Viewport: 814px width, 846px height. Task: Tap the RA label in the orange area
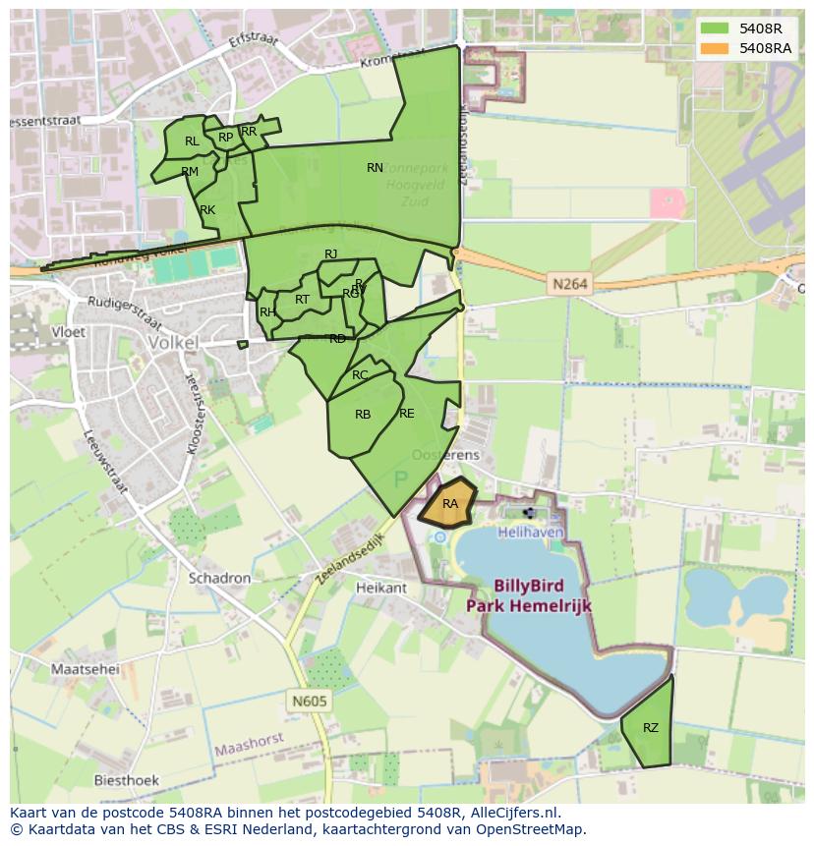pyautogui.click(x=450, y=504)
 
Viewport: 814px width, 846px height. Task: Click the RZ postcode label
pyautogui.click(x=651, y=728)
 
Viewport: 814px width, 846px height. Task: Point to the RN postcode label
pyautogui.click(x=375, y=168)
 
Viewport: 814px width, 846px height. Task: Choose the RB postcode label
pyautogui.click(x=363, y=415)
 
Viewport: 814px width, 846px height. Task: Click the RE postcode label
pyautogui.click(x=407, y=414)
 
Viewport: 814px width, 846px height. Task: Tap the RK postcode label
pyautogui.click(x=207, y=210)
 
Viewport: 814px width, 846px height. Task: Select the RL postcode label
pyautogui.click(x=192, y=141)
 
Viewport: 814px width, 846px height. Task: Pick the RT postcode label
pyautogui.click(x=302, y=300)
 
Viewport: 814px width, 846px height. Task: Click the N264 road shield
pyautogui.click(x=569, y=285)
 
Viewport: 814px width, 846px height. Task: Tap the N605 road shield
pyautogui.click(x=309, y=702)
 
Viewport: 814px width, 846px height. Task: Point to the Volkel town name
pyautogui.click(x=172, y=343)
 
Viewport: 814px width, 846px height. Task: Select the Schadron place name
pyautogui.click(x=220, y=579)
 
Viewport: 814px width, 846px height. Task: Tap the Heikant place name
pyautogui.click(x=381, y=588)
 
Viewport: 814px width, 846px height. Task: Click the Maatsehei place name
pyautogui.click(x=85, y=669)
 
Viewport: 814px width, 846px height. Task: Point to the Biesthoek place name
pyautogui.click(x=126, y=781)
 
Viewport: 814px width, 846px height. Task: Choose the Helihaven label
pyautogui.click(x=531, y=532)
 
